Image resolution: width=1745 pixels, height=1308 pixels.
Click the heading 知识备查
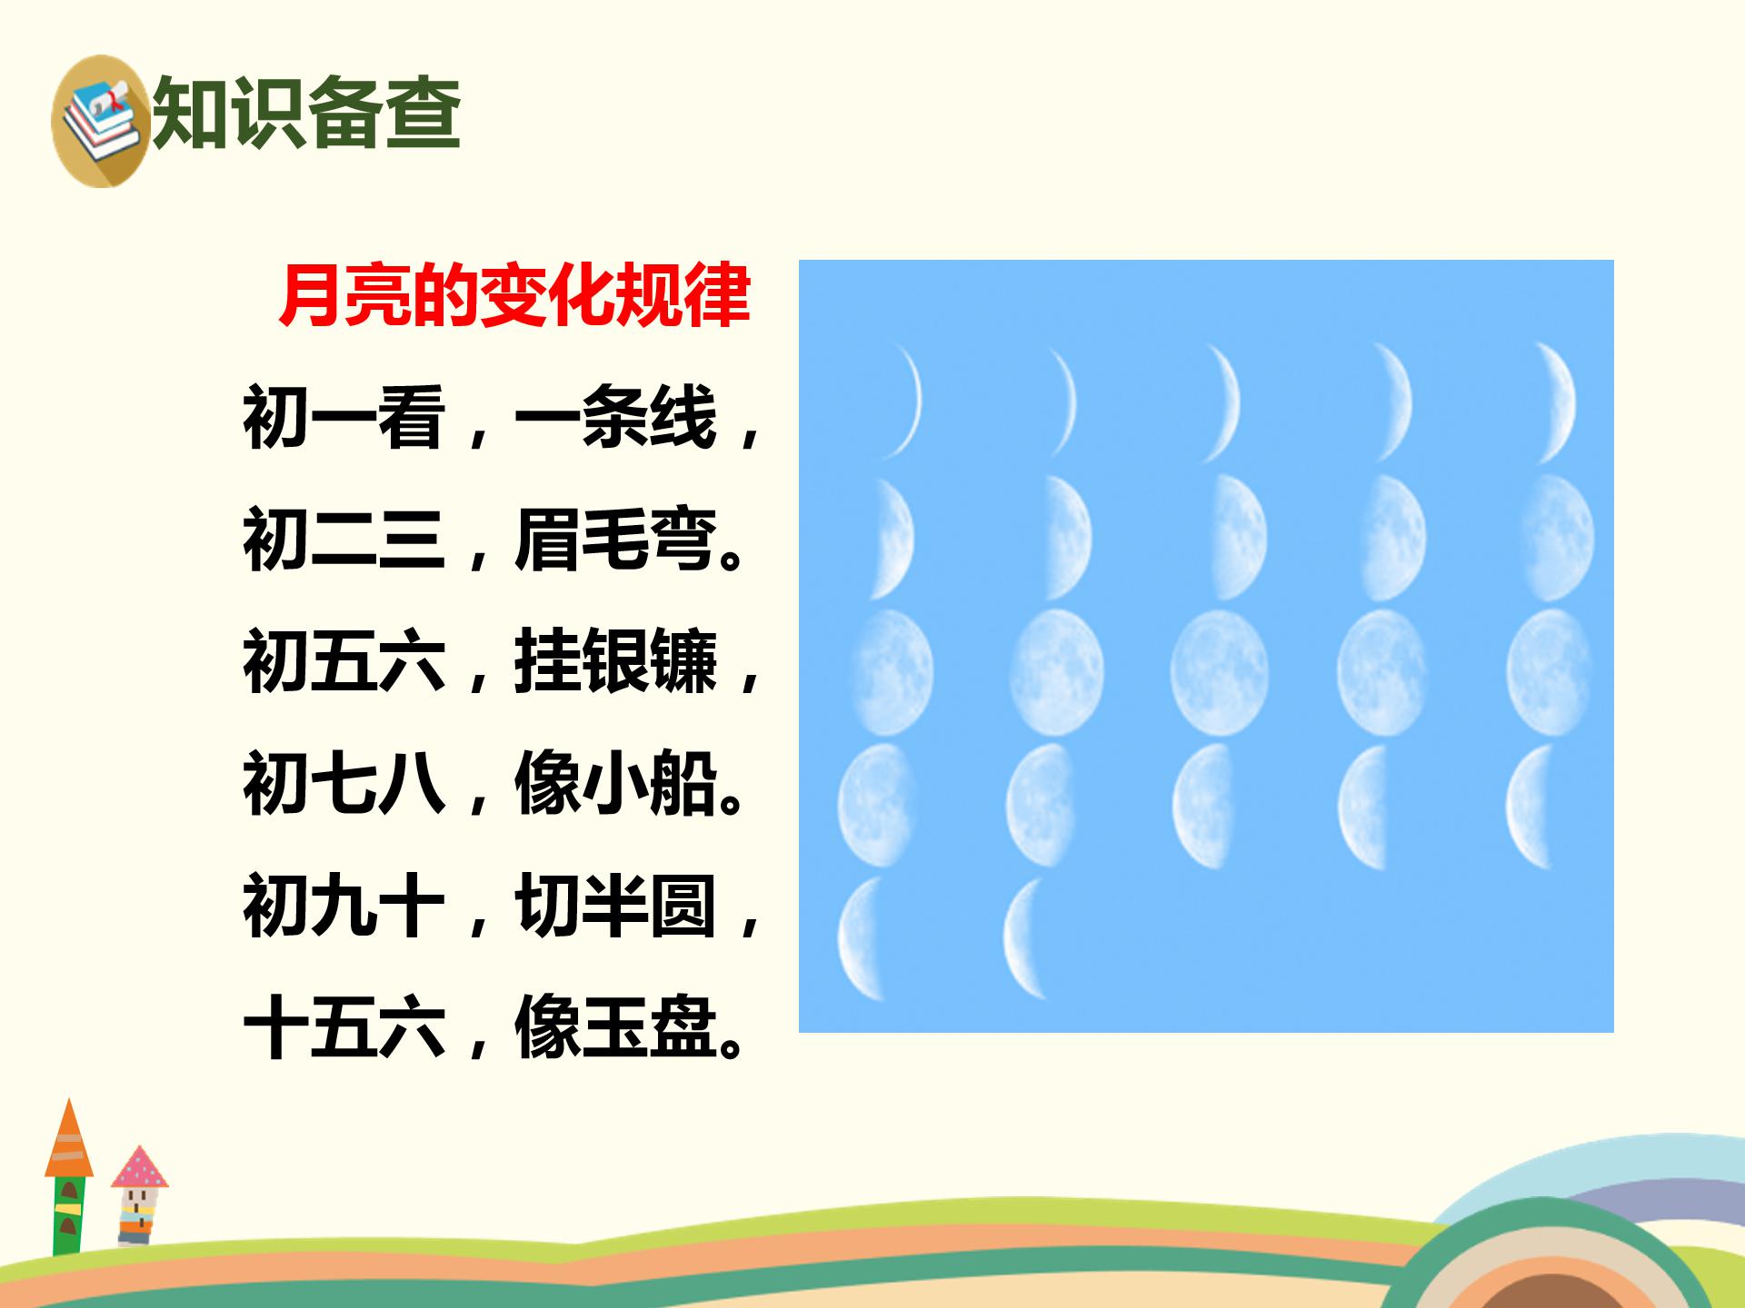tap(307, 113)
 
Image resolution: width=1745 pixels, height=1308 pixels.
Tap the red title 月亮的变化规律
tap(514, 295)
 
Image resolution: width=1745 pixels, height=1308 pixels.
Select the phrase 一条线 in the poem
tap(615, 417)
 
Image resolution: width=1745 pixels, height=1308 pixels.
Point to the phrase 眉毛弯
tap(615, 540)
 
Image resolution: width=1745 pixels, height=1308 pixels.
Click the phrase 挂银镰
tap(615, 662)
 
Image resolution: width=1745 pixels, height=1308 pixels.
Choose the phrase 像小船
tap(615, 784)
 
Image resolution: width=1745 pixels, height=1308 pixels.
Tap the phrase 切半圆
tap(615, 907)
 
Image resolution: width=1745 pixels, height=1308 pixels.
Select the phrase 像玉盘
tap(615, 1028)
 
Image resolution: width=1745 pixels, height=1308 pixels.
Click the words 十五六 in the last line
tap(344, 1028)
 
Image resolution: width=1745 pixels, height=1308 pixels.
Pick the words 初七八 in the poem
tap(344, 784)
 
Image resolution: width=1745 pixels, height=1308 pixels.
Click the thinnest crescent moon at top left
tap(904, 400)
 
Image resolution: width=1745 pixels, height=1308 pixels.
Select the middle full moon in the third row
tap(1218, 672)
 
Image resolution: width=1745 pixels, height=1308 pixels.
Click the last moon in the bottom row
tap(1027, 938)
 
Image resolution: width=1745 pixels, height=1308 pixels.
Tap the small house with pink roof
tap(139, 1194)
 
